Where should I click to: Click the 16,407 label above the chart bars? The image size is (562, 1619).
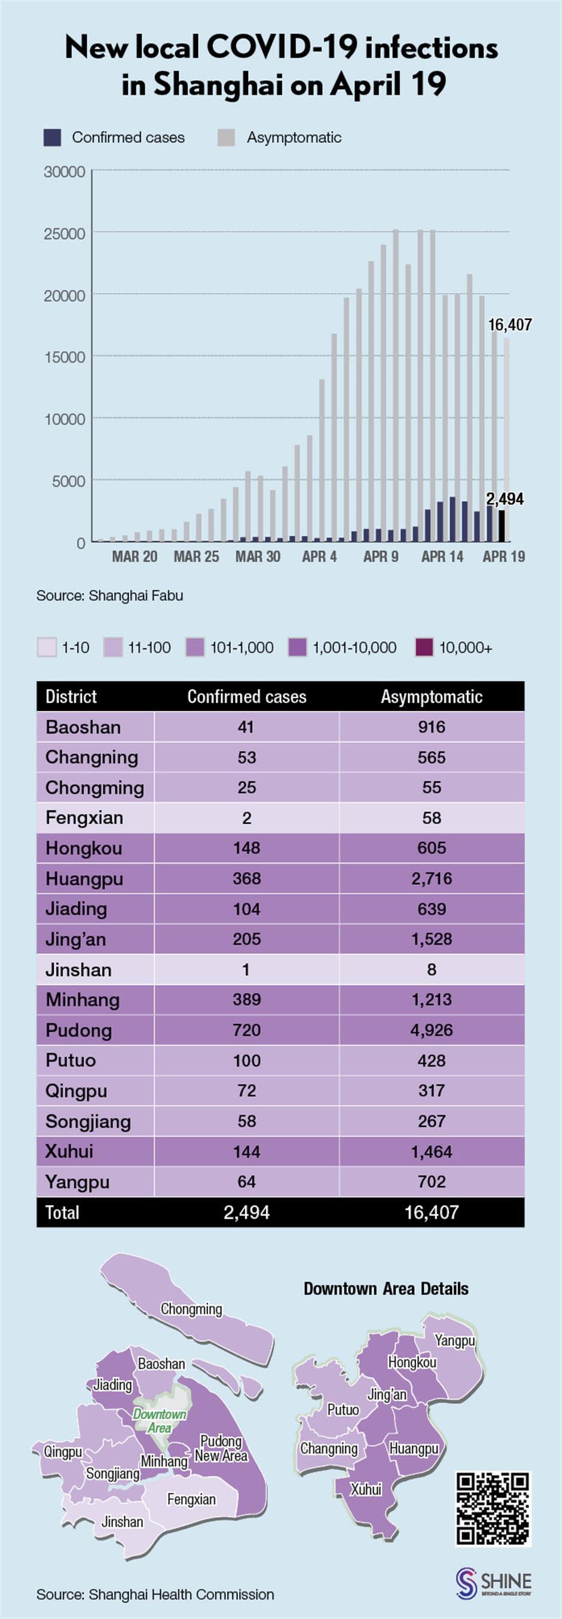tap(510, 325)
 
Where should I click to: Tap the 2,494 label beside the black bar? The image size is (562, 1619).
tap(505, 499)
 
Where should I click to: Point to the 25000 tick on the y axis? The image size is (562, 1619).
tap(64, 234)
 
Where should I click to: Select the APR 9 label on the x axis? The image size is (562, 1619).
tap(380, 556)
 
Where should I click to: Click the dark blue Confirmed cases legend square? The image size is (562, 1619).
tap(52, 138)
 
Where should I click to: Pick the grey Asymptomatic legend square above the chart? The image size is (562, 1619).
tap(227, 138)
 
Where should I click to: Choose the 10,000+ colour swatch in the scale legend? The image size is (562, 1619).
tap(424, 647)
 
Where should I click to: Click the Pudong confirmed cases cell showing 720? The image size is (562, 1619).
tap(246, 1030)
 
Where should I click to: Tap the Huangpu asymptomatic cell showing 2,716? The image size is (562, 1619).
tap(431, 879)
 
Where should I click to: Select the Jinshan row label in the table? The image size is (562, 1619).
tap(78, 970)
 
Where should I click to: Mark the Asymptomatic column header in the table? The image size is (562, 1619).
tap(431, 697)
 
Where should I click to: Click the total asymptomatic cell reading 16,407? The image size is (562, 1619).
tap(431, 1212)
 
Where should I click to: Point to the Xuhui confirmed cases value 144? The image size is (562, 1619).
tap(246, 1151)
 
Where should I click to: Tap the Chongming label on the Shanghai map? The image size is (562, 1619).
tap(191, 1309)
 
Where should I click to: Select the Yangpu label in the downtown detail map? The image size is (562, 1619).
tap(454, 1340)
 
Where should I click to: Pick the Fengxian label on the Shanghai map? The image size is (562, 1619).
tap(191, 1499)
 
